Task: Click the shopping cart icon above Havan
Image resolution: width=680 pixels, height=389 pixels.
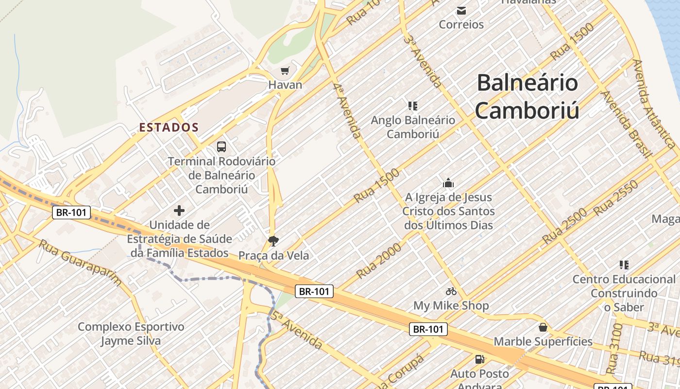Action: tap(285, 71)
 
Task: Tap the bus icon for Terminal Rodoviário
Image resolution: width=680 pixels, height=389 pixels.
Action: tap(221, 146)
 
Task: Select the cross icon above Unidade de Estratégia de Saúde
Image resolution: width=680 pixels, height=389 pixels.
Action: tap(179, 211)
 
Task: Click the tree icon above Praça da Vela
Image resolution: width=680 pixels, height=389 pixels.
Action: tap(273, 241)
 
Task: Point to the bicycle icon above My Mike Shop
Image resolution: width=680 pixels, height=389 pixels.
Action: tap(451, 291)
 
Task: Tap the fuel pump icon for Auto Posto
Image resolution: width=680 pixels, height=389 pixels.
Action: tap(479, 359)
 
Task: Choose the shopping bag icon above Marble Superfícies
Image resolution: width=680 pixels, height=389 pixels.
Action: tap(543, 327)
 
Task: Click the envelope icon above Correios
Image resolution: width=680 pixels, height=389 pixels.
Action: tap(461, 10)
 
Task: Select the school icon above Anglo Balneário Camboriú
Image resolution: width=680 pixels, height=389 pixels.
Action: tap(413, 106)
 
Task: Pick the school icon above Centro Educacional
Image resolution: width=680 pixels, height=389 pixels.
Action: tap(624, 265)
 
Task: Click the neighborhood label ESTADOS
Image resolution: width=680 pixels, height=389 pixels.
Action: tap(169, 127)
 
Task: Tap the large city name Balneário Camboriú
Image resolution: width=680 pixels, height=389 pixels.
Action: tap(527, 96)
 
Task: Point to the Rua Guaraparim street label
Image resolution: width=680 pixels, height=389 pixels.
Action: tap(80, 263)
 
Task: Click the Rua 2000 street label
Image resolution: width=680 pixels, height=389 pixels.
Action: tap(379, 261)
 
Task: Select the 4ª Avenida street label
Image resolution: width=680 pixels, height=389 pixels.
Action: tap(347, 111)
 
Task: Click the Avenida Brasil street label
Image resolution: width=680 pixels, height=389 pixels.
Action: tap(626, 124)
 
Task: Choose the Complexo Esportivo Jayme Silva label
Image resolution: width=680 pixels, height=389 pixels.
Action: tap(131, 334)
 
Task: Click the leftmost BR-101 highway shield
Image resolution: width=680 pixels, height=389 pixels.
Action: tap(71, 212)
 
